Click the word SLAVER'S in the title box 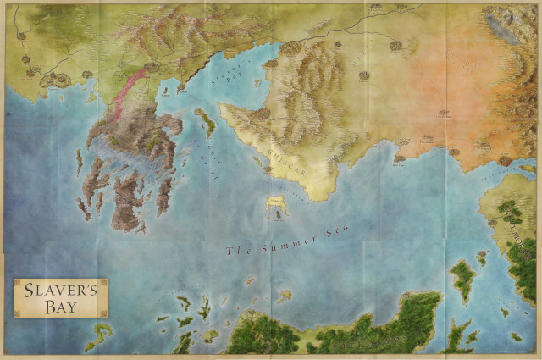[x=60, y=291]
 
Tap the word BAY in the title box [x=60, y=306]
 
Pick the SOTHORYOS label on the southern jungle [x=373, y=339]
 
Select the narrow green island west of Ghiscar [x=206, y=122]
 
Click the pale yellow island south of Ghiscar [x=276, y=204]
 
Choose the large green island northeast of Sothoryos [x=462, y=280]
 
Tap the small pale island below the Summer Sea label [x=285, y=296]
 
